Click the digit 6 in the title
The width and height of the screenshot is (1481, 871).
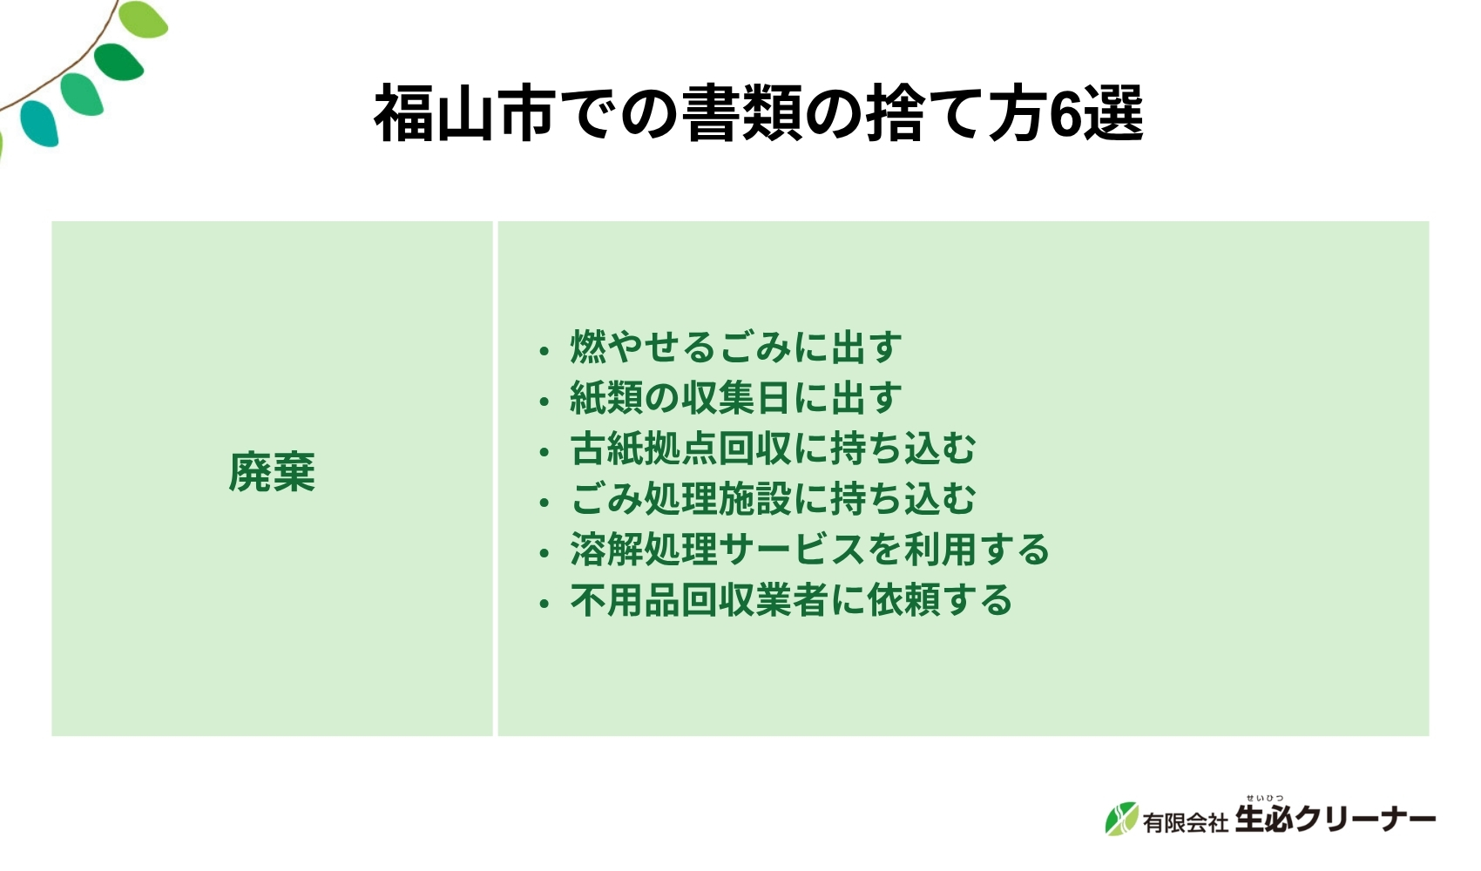[1065, 114]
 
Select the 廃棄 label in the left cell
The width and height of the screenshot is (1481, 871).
[272, 473]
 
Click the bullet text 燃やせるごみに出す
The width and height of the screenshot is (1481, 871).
[735, 348]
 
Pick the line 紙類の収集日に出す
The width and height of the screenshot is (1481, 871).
[735, 398]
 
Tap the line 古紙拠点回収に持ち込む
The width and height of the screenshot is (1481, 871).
[773, 449]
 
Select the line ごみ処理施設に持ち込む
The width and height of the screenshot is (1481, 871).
[773, 499]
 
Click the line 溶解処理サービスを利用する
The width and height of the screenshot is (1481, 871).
[809, 550]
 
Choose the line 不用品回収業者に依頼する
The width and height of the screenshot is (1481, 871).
[791, 600]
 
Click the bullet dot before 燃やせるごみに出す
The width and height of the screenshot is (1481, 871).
[544, 351]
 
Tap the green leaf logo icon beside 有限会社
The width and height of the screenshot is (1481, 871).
[1122, 819]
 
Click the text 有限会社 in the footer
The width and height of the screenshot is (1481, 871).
[1185, 821]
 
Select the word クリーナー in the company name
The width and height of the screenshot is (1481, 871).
[1364, 820]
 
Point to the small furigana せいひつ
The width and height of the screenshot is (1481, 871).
[1264, 798]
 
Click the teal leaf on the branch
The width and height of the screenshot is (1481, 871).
[40, 123]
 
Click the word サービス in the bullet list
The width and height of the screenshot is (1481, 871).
[791, 550]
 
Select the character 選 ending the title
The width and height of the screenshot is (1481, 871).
[1113, 114]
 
